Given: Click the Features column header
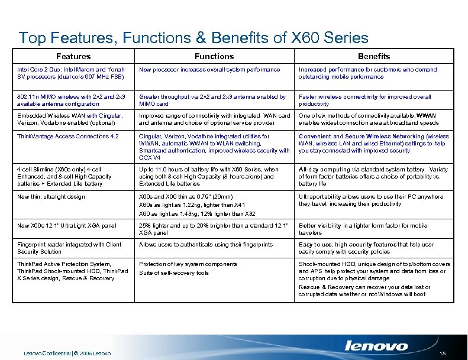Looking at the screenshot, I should [73, 56].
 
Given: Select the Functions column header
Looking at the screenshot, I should [215, 56].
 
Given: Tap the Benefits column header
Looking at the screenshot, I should [374, 56].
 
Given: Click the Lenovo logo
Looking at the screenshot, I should [376, 346].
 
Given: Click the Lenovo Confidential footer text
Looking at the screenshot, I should [67, 353].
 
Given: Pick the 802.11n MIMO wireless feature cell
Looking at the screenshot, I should [71, 100].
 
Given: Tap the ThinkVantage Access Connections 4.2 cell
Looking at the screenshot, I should [69, 137].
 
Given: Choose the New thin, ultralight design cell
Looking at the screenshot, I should [51, 197].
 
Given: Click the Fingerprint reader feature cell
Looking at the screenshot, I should [70, 248].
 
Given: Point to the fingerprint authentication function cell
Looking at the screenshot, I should [206, 245].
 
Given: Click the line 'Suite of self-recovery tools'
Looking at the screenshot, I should [174, 273].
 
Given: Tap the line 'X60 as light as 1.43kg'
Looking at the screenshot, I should [197, 213].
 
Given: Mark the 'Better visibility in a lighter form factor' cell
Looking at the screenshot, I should [363, 229].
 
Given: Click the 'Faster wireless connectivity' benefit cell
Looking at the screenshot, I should [365, 100].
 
